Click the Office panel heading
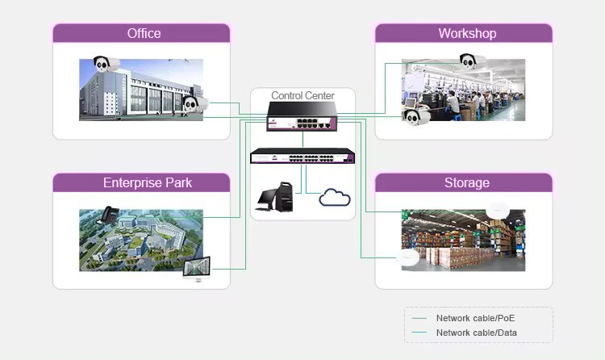[x=144, y=34]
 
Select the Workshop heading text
[x=467, y=34]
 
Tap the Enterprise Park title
[x=148, y=183]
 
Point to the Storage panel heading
[x=466, y=183]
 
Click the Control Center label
[x=302, y=96]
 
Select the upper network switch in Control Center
[x=302, y=123]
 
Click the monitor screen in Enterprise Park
[x=197, y=268]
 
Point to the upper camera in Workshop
[x=472, y=60]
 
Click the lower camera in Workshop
[x=415, y=118]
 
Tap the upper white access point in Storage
[x=499, y=210]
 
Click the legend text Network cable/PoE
[x=475, y=319]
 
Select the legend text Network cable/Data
[x=476, y=333]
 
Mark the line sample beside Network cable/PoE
[x=419, y=319]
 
